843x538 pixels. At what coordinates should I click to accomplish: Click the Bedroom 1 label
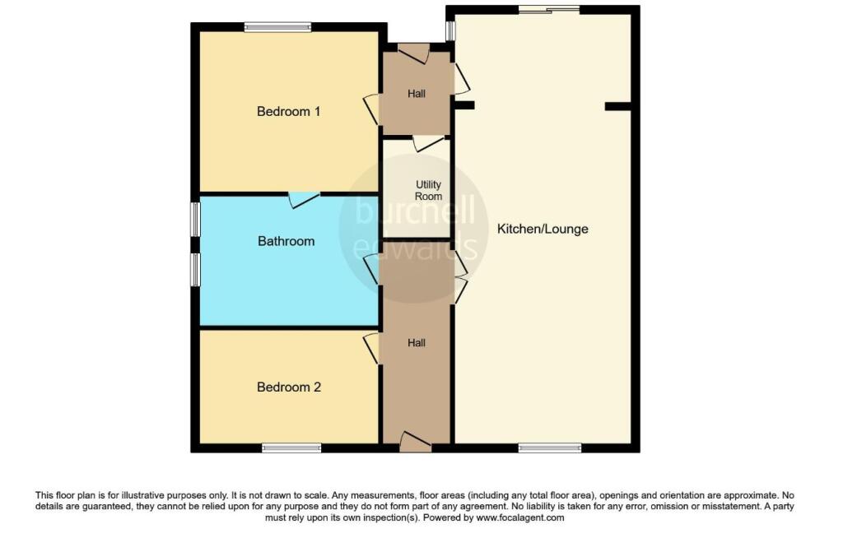pyautogui.click(x=289, y=111)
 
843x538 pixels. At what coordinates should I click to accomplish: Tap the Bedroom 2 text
pyautogui.click(x=289, y=387)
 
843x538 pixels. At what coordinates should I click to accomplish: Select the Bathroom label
pyautogui.click(x=286, y=241)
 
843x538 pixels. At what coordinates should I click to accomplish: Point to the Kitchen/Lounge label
pyautogui.click(x=543, y=229)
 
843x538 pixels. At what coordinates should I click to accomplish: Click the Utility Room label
pyautogui.click(x=428, y=190)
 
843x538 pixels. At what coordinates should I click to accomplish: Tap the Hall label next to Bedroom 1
pyautogui.click(x=416, y=94)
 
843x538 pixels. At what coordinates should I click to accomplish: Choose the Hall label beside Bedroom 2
pyautogui.click(x=416, y=343)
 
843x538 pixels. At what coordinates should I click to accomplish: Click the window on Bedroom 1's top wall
pyautogui.click(x=277, y=27)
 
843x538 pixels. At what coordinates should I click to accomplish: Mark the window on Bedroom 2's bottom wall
pyautogui.click(x=291, y=448)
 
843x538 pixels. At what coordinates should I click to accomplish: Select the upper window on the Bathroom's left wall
pyautogui.click(x=196, y=218)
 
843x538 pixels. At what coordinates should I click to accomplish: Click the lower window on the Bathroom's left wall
pyautogui.click(x=196, y=269)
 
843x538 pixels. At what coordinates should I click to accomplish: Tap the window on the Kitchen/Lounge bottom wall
pyautogui.click(x=550, y=448)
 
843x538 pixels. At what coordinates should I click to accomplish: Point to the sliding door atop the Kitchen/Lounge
pyautogui.click(x=549, y=9)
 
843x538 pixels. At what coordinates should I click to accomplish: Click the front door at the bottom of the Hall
pyautogui.click(x=416, y=442)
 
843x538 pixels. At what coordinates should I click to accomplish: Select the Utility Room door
pyautogui.click(x=428, y=143)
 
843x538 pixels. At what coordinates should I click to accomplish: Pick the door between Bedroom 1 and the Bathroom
pyautogui.click(x=305, y=199)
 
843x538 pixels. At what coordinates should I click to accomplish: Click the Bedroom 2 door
pyautogui.click(x=372, y=348)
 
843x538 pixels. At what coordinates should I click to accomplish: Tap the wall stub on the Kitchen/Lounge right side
pyautogui.click(x=617, y=106)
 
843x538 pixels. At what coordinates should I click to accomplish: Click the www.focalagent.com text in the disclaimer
pyautogui.click(x=520, y=517)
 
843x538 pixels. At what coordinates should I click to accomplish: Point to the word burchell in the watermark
pyautogui.click(x=415, y=210)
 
